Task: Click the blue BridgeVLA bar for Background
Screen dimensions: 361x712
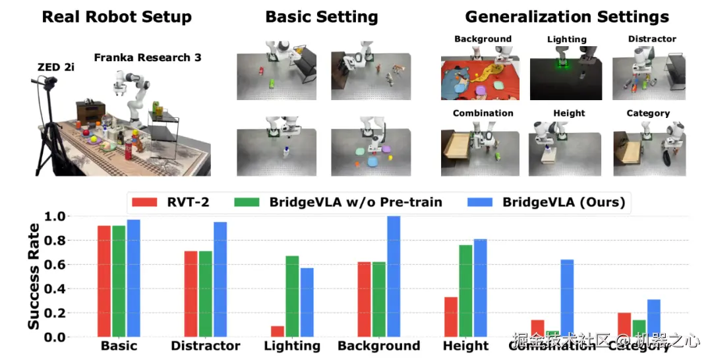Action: (x=394, y=277)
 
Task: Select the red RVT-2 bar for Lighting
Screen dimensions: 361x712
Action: (x=278, y=331)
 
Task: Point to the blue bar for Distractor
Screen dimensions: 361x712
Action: (x=220, y=279)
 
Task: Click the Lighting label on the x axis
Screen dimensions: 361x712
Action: (x=291, y=346)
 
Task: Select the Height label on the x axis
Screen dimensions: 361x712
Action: (x=466, y=346)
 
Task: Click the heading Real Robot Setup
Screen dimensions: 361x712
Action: (x=117, y=16)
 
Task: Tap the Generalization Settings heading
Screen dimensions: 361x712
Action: (x=566, y=16)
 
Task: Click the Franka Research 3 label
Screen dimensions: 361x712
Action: (x=148, y=57)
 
